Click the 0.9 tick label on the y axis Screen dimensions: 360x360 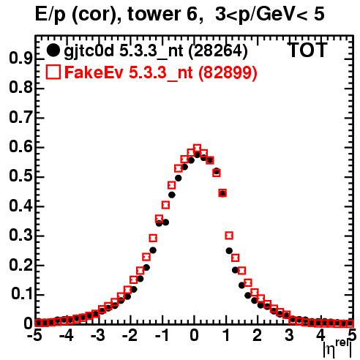coord(20,59)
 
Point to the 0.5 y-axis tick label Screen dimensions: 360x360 coord(20,176)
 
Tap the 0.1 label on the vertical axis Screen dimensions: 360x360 coord(21,294)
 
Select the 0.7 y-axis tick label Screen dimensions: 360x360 coord(20,118)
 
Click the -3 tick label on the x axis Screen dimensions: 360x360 coord(97,335)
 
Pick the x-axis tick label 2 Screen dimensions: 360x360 coord(258,335)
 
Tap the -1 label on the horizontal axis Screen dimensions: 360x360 coord(162,335)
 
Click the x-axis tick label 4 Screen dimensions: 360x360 coord(321,335)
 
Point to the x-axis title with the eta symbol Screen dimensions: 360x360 coord(337,349)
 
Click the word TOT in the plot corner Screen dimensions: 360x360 coord(308,50)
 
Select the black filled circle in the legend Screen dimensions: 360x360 coord(53,50)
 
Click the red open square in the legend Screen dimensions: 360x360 coord(53,72)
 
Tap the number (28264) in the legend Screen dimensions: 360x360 coord(218,51)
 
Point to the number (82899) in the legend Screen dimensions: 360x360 coord(228,72)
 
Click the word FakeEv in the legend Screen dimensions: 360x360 coord(94,72)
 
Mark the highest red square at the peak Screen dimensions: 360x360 coord(197,148)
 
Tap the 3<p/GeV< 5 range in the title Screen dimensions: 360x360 coord(270,15)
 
